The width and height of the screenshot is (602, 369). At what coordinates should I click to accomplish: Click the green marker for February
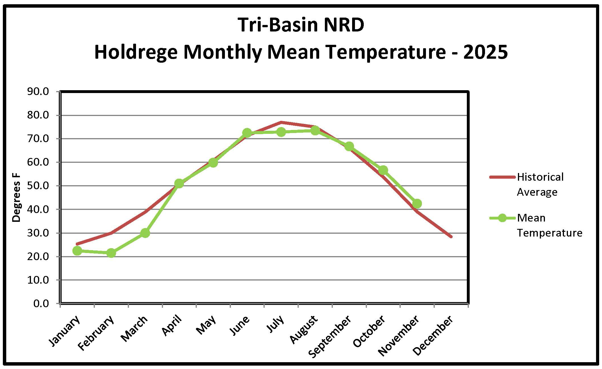point(111,253)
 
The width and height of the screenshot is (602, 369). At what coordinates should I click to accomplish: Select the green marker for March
point(145,233)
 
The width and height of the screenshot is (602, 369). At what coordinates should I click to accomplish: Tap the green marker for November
point(417,204)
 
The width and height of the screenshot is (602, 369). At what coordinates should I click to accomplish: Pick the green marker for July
point(281,132)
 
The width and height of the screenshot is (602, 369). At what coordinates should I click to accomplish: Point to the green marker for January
point(77,250)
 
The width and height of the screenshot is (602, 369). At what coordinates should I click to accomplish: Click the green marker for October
point(383,170)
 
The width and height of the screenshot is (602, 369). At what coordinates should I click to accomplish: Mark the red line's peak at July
point(281,122)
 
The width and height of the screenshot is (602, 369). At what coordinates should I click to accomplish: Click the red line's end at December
point(451,237)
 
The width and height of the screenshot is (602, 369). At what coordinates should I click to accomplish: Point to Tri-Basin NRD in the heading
point(301,25)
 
